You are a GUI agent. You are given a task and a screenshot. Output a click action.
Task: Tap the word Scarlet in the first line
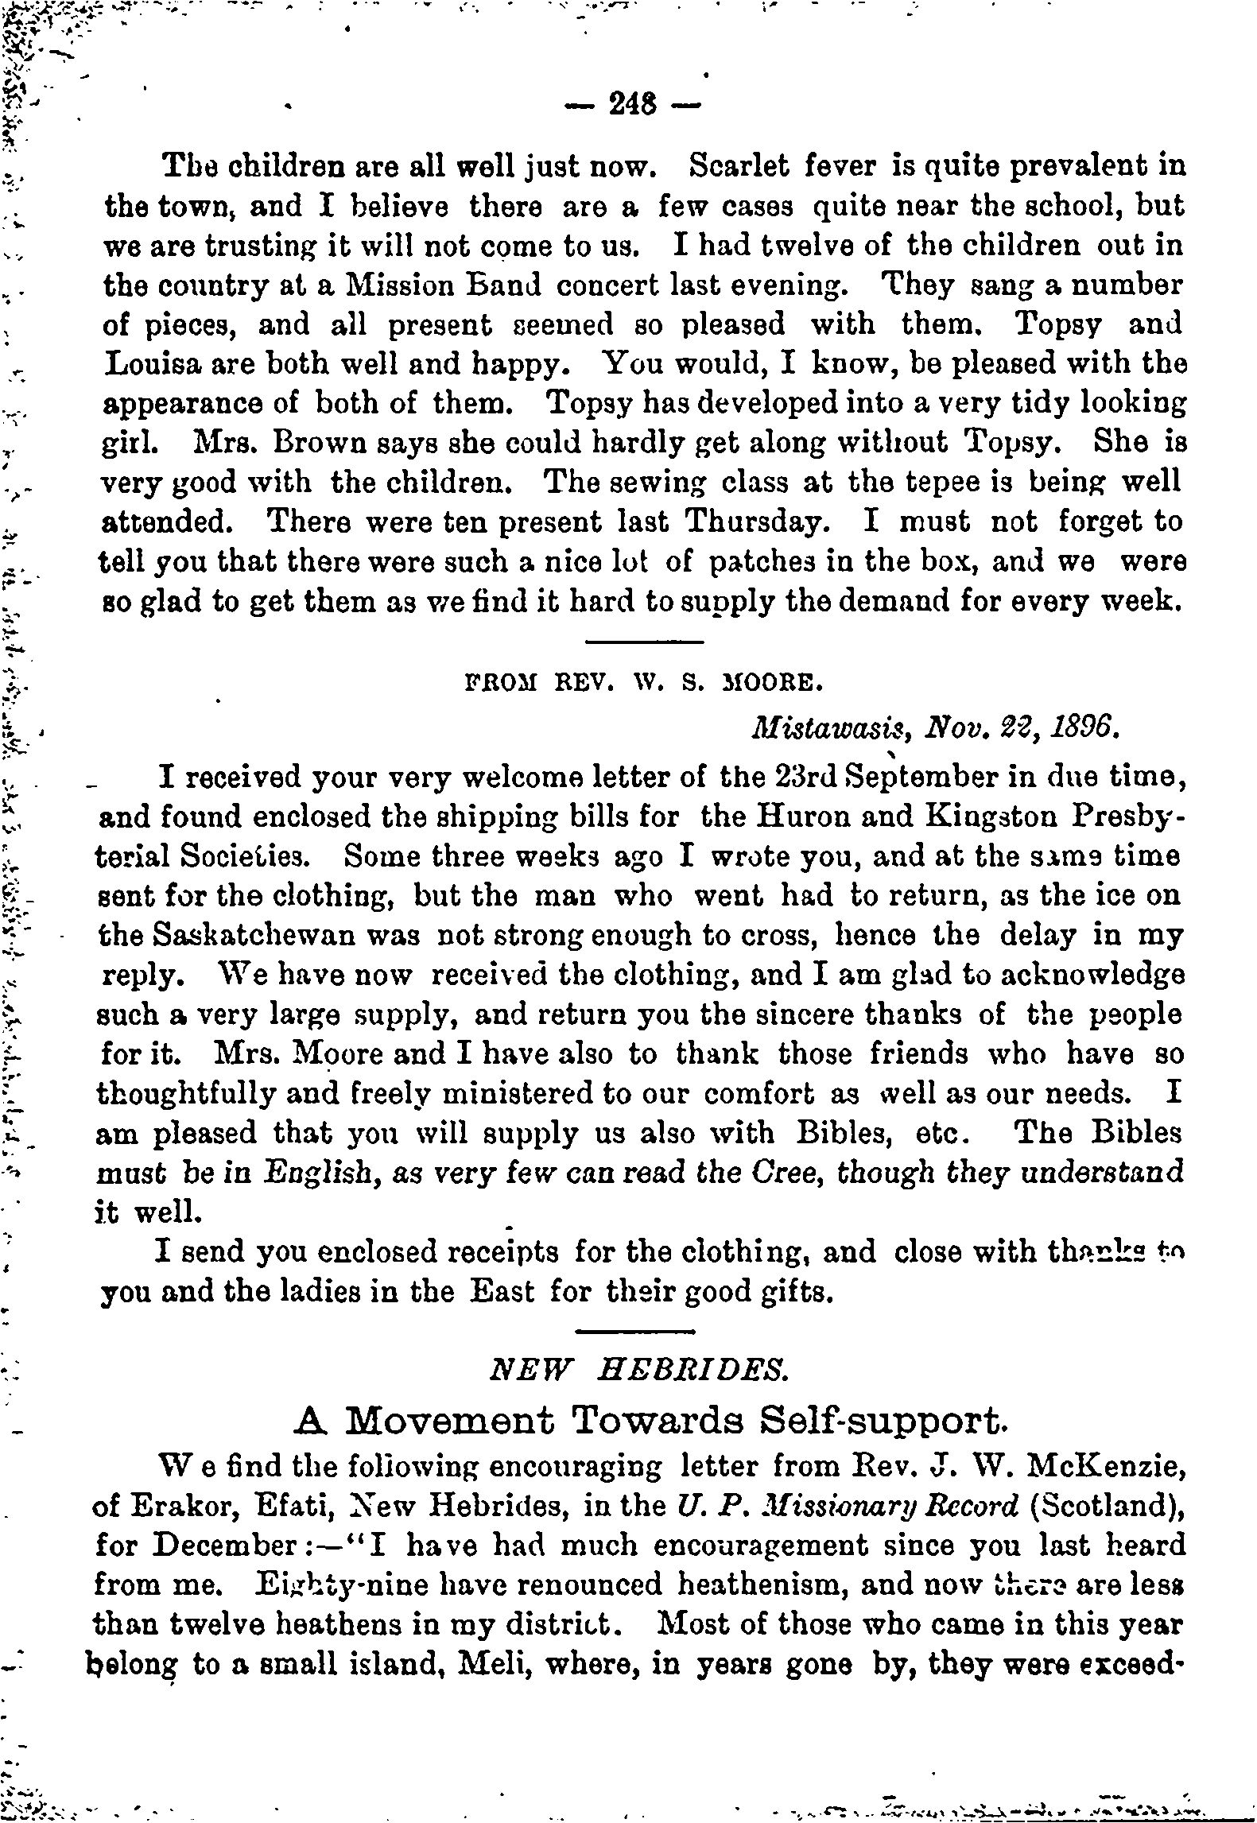click(739, 166)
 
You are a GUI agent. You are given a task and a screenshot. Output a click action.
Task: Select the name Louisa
click(157, 363)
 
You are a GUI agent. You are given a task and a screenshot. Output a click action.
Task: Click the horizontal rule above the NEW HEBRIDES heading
click(634, 1332)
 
